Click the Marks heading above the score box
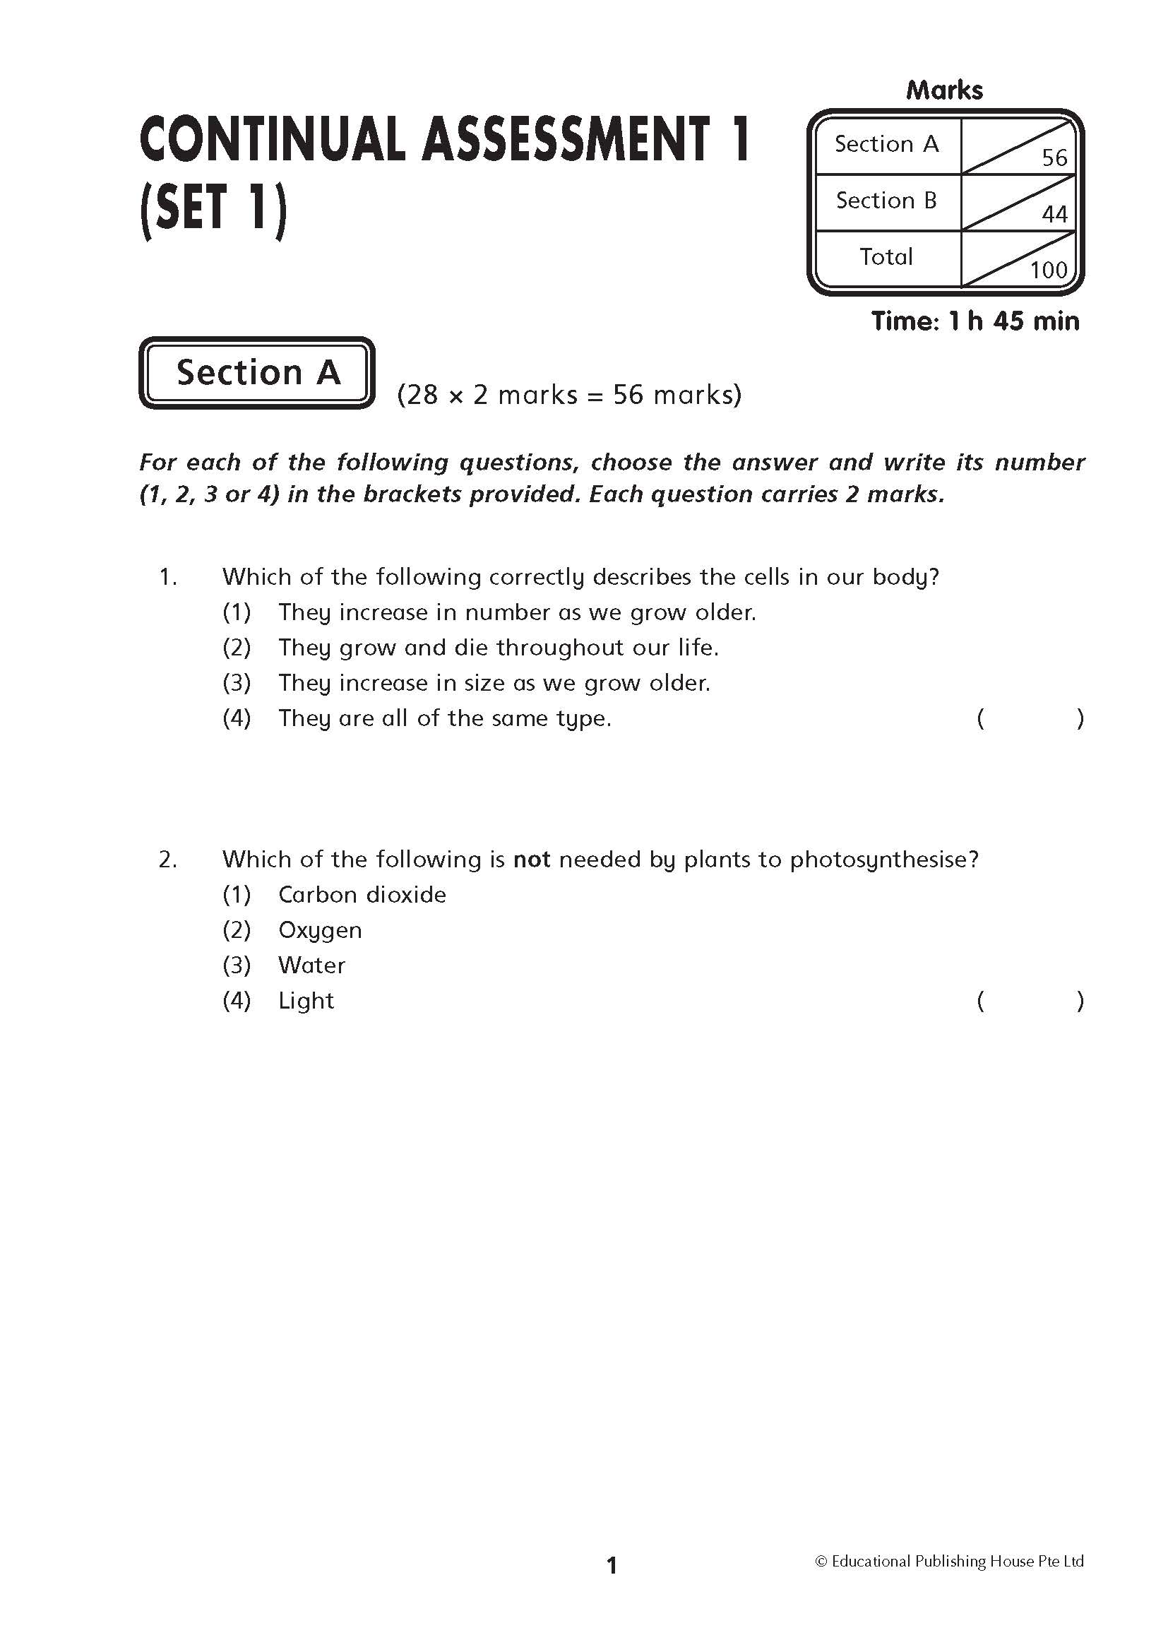click(x=944, y=90)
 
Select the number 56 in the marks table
click(x=1054, y=158)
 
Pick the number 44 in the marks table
click(x=1054, y=214)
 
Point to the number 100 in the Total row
click(x=1049, y=270)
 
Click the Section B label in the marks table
click(x=886, y=200)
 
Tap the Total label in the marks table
click(x=886, y=256)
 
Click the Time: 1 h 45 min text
click(x=975, y=321)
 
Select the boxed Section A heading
click(x=258, y=373)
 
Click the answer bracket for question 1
click(x=1030, y=718)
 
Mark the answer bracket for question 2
click(x=1030, y=1001)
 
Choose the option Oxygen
click(x=320, y=930)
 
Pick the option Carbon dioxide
click(x=362, y=895)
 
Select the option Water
click(x=311, y=965)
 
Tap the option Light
click(x=306, y=1001)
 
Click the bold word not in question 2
click(x=532, y=859)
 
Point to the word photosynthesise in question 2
click(x=881, y=860)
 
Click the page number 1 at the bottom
click(x=612, y=1565)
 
